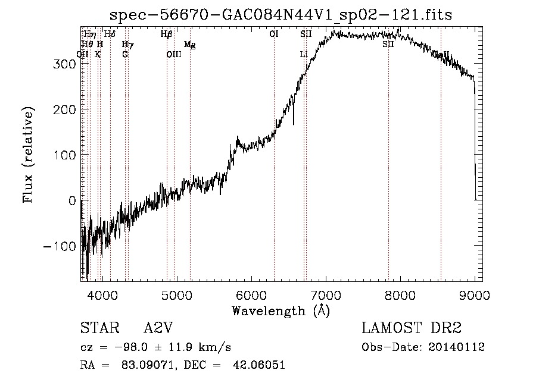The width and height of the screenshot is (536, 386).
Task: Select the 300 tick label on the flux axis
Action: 64,64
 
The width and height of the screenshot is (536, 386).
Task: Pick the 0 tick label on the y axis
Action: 71,200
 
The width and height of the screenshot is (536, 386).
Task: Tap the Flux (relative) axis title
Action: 29,155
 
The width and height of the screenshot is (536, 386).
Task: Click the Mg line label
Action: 189,45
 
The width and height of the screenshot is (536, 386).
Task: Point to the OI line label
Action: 274,34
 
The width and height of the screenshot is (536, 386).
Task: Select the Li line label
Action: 304,55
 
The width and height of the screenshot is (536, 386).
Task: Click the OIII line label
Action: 173,55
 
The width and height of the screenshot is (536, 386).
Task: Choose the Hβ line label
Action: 167,34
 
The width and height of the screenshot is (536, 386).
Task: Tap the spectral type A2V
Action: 159,328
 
